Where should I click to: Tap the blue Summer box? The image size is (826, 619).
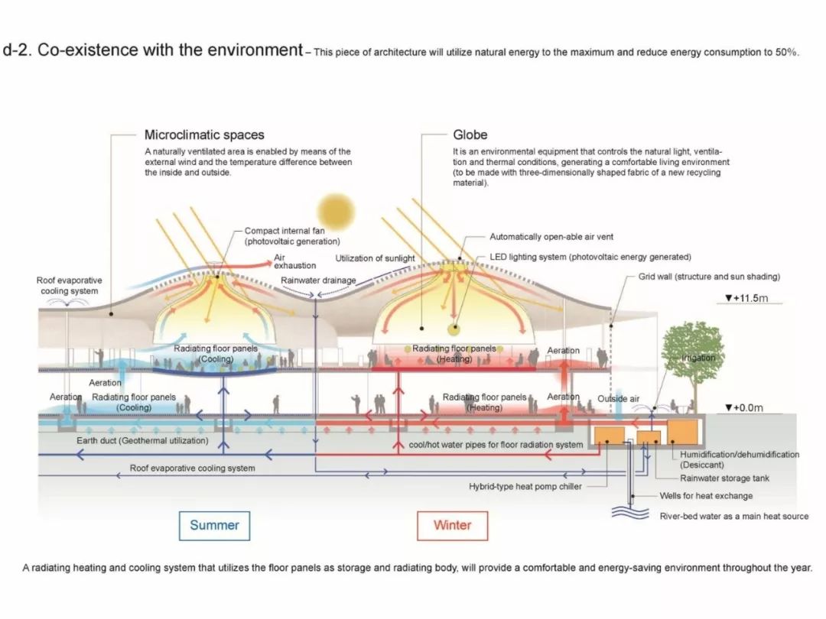tap(214, 525)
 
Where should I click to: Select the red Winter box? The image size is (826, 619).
tap(452, 525)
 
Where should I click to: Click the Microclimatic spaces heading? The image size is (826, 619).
tap(204, 135)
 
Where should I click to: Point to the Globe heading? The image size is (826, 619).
tap(470, 135)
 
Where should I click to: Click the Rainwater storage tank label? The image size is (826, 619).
tap(724, 478)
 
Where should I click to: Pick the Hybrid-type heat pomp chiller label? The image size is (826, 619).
tap(525, 487)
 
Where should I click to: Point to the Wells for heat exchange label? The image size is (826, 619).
tap(706, 496)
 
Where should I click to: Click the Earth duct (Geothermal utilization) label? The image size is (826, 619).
tap(142, 441)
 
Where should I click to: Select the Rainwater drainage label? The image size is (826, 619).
tap(318, 280)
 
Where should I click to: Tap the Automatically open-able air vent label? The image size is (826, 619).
tap(551, 237)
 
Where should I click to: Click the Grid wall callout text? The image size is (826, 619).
tap(709, 277)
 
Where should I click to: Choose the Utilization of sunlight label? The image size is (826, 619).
tap(375, 258)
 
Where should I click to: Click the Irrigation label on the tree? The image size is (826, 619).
tap(699, 358)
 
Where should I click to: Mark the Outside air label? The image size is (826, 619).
tap(618, 399)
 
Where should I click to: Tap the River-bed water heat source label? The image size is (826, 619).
tap(733, 517)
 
